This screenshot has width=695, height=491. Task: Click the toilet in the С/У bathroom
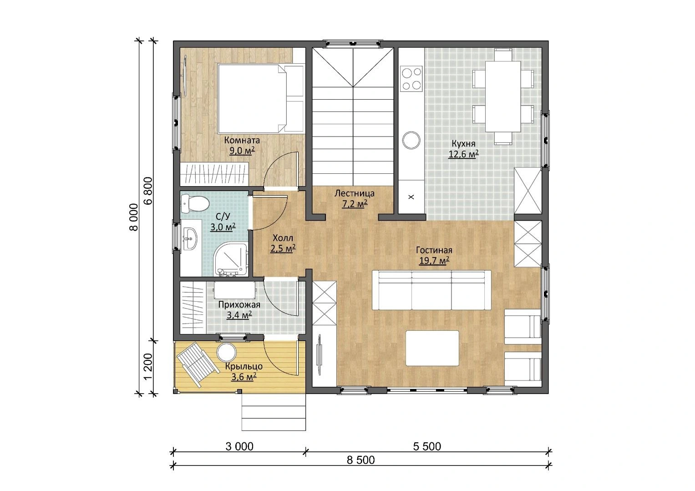194,203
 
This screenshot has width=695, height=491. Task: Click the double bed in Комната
260,99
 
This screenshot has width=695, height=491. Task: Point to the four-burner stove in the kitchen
411,78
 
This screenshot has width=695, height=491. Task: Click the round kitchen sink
411,140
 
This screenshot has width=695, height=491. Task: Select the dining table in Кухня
502,96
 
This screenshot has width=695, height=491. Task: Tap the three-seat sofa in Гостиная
431,290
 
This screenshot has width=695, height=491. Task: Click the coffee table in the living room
432,348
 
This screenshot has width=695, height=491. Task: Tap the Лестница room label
354,193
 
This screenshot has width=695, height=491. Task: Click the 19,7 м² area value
434,261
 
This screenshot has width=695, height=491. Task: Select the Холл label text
283,238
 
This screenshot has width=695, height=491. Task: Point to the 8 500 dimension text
360,460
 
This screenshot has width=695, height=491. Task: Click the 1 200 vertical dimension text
148,366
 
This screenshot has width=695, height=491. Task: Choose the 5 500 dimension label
427,446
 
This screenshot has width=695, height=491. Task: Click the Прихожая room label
239,304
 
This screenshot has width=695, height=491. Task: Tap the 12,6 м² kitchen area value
463,154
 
